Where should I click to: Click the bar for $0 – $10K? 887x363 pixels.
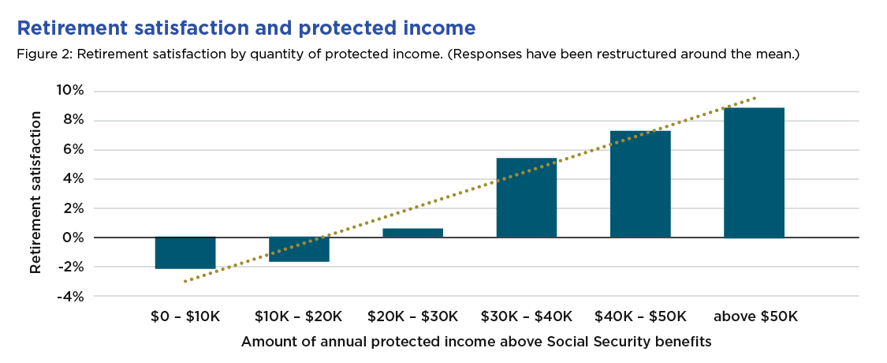(185, 253)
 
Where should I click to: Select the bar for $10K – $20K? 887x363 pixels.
(299, 249)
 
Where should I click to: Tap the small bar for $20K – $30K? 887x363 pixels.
(412, 233)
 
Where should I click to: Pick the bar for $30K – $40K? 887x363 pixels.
(526, 197)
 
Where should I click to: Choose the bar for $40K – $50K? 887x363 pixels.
(640, 184)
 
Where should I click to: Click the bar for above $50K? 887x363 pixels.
(754, 173)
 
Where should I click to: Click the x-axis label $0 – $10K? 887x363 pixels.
(186, 316)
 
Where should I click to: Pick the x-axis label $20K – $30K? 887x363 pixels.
(412, 316)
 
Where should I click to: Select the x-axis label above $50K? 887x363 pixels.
(755, 316)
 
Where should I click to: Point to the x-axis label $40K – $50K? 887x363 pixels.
(640, 316)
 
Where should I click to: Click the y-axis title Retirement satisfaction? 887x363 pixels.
(35, 193)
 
